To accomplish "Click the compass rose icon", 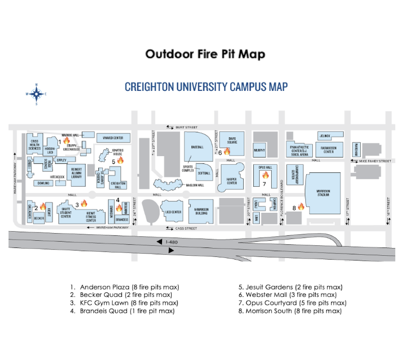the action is coord(36,94).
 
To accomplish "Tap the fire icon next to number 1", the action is coord(66,141).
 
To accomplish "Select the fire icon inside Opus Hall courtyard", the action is coord(265,175).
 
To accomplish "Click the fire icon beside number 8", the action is coord(301,206).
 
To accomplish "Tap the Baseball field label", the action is coord(197,147).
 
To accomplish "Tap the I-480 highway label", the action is coord(171,242).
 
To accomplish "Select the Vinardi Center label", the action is coord(113,138).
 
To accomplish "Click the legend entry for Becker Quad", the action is coord(126,295).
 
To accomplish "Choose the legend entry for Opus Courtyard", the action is coord(296,303).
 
